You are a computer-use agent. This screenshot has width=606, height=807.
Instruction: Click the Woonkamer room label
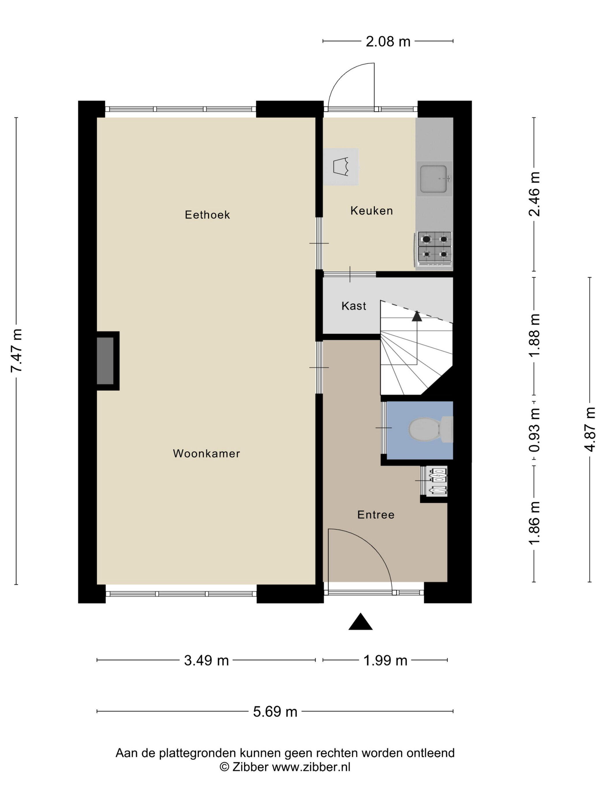(206, 453)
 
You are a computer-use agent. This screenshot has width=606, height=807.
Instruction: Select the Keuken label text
(371, 210)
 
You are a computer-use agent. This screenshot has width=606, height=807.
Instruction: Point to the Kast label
(353, 306)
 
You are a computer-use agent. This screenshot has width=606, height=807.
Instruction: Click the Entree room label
(375, 515)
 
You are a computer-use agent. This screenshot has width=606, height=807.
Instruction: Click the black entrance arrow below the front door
(360, 622)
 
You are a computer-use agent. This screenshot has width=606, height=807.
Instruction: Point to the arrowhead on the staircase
(416, 316)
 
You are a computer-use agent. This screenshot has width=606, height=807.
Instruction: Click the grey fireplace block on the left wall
(105, 361)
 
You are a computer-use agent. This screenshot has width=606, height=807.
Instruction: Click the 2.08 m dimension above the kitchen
(388, 42)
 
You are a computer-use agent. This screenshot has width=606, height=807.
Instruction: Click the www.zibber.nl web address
(311, 767)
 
